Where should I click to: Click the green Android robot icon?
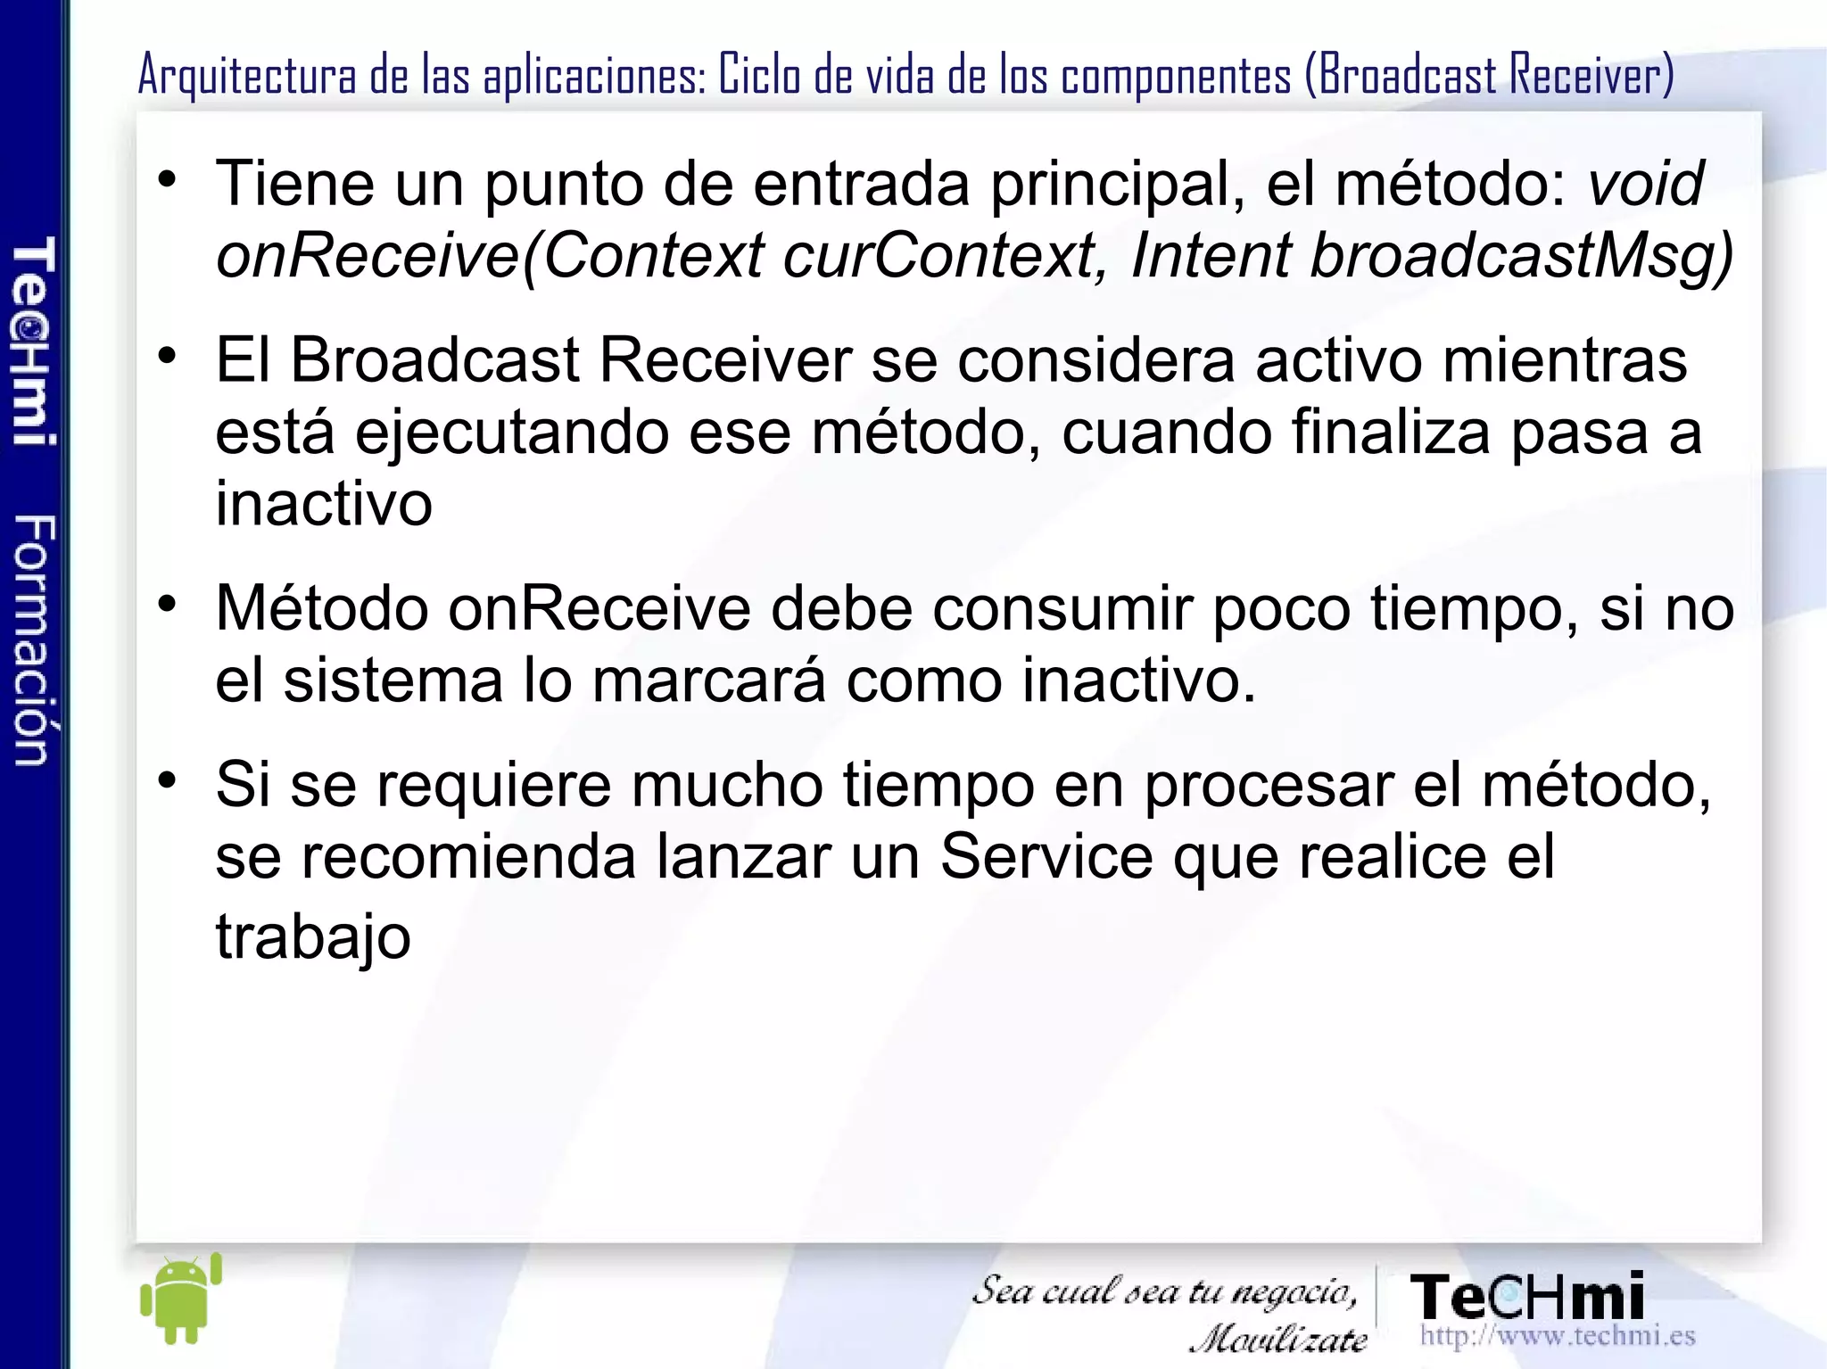click(x=181, y=1299)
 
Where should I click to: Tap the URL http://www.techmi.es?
click(x=1557, y=1336)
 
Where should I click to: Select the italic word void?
click(x=1645, y=184)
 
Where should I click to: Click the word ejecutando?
click(x=512, y=433)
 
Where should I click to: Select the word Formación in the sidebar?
click(x=34, y=639)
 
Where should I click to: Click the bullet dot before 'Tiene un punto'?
click(x=167, y=181)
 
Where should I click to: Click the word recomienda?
click(x=469, y=857)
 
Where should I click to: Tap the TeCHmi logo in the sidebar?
click(x=34, y=340)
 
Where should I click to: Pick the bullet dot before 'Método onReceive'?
click(x=167, y=606)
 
